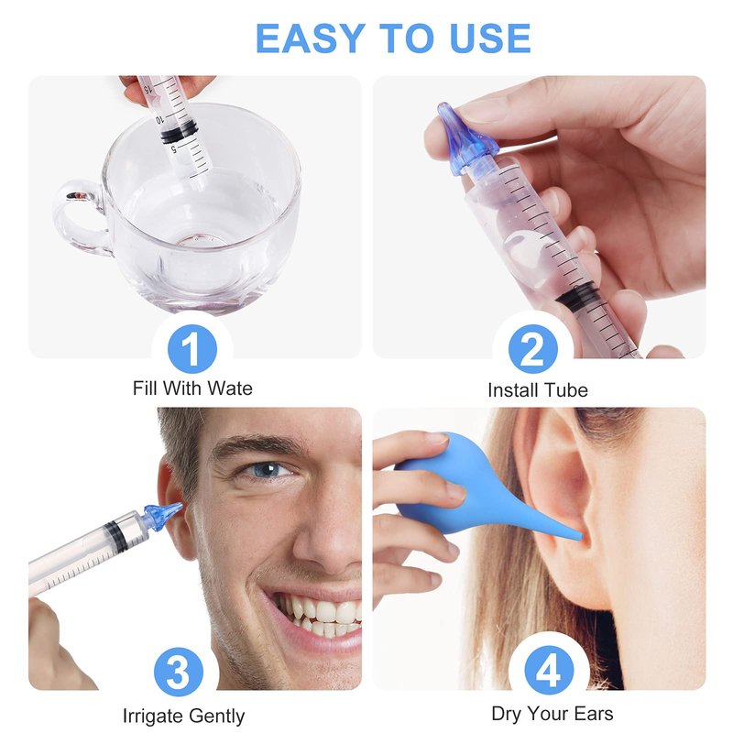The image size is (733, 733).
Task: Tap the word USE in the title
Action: click(x=490, y=38)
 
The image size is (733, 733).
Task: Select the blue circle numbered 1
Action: click(x=192, y=349)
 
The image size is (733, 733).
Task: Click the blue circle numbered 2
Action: click(x=533, y=349)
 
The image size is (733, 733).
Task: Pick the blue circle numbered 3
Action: click(x=179, y=673)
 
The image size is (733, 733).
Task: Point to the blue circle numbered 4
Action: click(x=549, y=673)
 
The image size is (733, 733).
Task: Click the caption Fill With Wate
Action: click(x=192, y=388)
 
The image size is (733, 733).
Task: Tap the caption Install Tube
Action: click(x=538, y=390)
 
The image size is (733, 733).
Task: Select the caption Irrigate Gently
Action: click(x=184, y=717)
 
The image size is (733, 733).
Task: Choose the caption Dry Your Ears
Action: click(x=552, y=715)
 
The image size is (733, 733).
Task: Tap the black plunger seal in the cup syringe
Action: click(x=180, y=131)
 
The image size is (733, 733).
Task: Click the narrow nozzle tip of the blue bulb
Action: click(x=577, y=536)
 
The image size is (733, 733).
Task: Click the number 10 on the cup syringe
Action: click(x=159, y=120)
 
